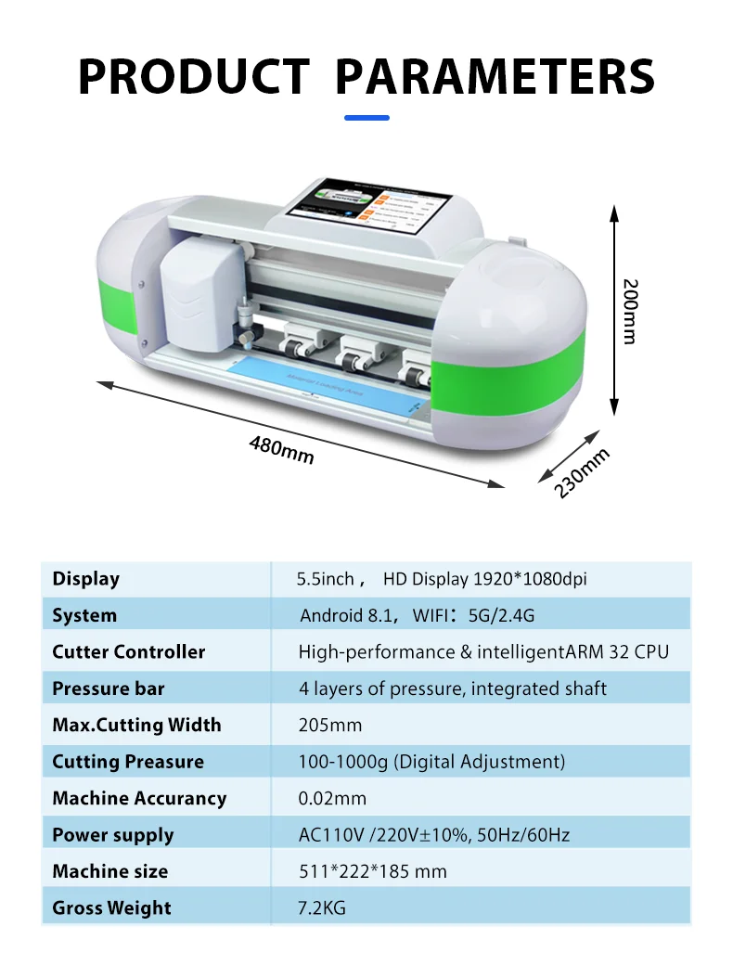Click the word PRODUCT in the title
[x=193, y=76]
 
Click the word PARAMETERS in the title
[x=494, y=76]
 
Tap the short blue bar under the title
[x=366, y=118]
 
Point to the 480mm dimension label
[x=281, y=449]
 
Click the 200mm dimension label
[x=630, y=311]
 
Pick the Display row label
[x=86, y=579]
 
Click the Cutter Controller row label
[x=129, y=651]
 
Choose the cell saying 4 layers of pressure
[x=452, y=688]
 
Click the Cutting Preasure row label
[x=128, y=762]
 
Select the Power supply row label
[x=113, y=835]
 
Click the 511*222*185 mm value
[x=372, y=871]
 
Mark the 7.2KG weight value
[x=321, y=907]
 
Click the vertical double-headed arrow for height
[x=613, y=311]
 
